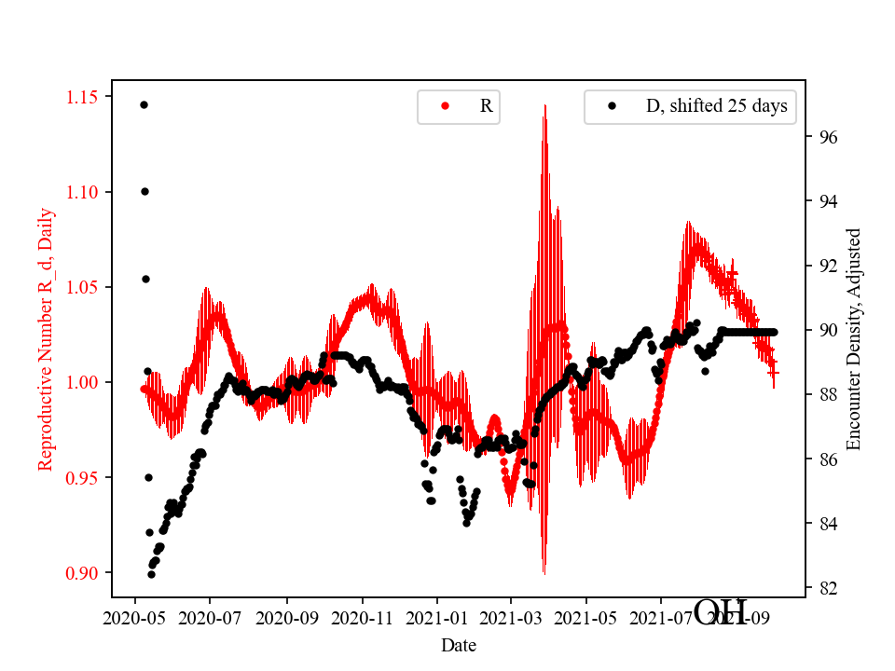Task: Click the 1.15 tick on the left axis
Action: [x=86, y=97]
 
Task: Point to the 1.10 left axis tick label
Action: [x=86, y=192]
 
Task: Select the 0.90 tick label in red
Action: [x=86, y=572]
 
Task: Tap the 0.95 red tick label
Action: [x=86, y=477]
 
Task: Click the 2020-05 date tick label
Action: [x=135, y=619]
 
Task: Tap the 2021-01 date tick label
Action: [x=436, y=619]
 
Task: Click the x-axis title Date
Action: [x=458, y=644]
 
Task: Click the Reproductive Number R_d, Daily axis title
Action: [x=46, y=338]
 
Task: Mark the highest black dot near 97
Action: [x=144, y=104]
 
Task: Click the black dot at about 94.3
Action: [x=145, y=191]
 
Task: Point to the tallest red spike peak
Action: [x=544, y=106]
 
